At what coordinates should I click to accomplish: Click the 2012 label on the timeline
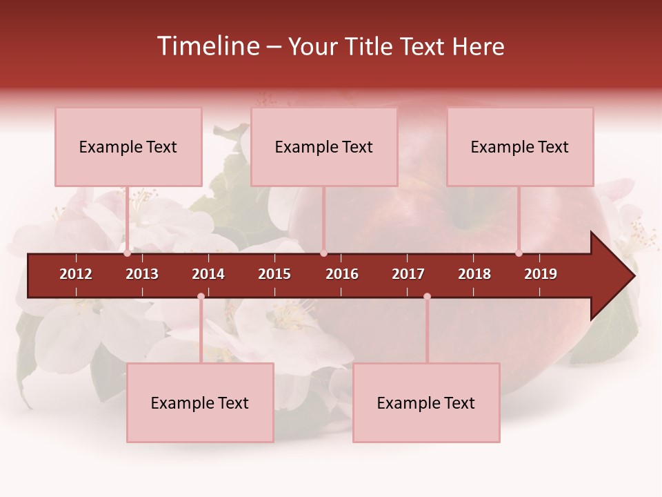(76, 274)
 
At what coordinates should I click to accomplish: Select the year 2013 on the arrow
(142, 274)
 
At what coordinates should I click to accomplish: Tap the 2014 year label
(208, 274)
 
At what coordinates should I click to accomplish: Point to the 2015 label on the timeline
(274, 274)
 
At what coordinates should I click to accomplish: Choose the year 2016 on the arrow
(342, 274)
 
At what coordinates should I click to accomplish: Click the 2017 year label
(408, 274)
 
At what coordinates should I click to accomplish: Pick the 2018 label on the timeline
(474, 274)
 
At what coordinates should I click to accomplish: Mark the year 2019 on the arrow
(541, 274)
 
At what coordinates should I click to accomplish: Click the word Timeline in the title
(207, 46)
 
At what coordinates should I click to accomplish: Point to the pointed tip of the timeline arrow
(633, 276)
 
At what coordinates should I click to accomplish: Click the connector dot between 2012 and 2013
(128, 253)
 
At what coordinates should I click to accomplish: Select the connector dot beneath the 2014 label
(201, 297)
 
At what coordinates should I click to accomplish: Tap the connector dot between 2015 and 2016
(323, 253)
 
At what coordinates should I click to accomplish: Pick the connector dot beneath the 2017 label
(427, 297)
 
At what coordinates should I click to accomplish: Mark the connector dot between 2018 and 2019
(519, 253)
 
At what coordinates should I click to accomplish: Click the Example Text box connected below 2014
(200, 402)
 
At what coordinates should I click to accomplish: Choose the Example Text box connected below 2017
(426, 402)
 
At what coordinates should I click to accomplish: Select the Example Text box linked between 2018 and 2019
(520, 146)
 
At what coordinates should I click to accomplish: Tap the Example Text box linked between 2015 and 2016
(324, 146)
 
